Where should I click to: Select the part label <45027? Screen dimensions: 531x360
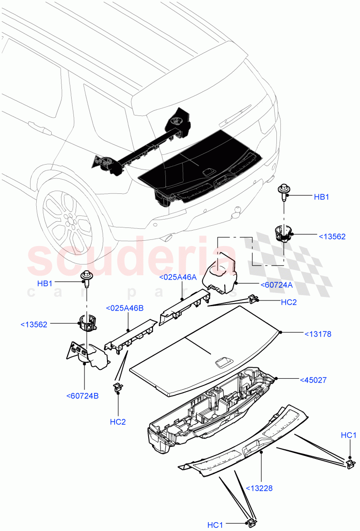314,380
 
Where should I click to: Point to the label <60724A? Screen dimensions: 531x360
276,285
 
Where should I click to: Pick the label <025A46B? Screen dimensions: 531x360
124,308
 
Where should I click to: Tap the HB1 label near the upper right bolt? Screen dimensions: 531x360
322,197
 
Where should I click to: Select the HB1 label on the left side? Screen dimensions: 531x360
45,283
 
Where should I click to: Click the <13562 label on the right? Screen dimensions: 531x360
332,237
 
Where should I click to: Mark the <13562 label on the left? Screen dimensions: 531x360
34,325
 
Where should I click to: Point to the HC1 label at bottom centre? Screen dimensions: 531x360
215,525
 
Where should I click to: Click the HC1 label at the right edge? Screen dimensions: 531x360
349,436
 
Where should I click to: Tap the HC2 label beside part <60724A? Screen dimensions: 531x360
289,302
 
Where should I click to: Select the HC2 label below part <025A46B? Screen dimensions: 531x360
118,422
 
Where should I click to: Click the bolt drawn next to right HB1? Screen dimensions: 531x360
283,192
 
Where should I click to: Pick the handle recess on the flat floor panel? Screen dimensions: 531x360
222,363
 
